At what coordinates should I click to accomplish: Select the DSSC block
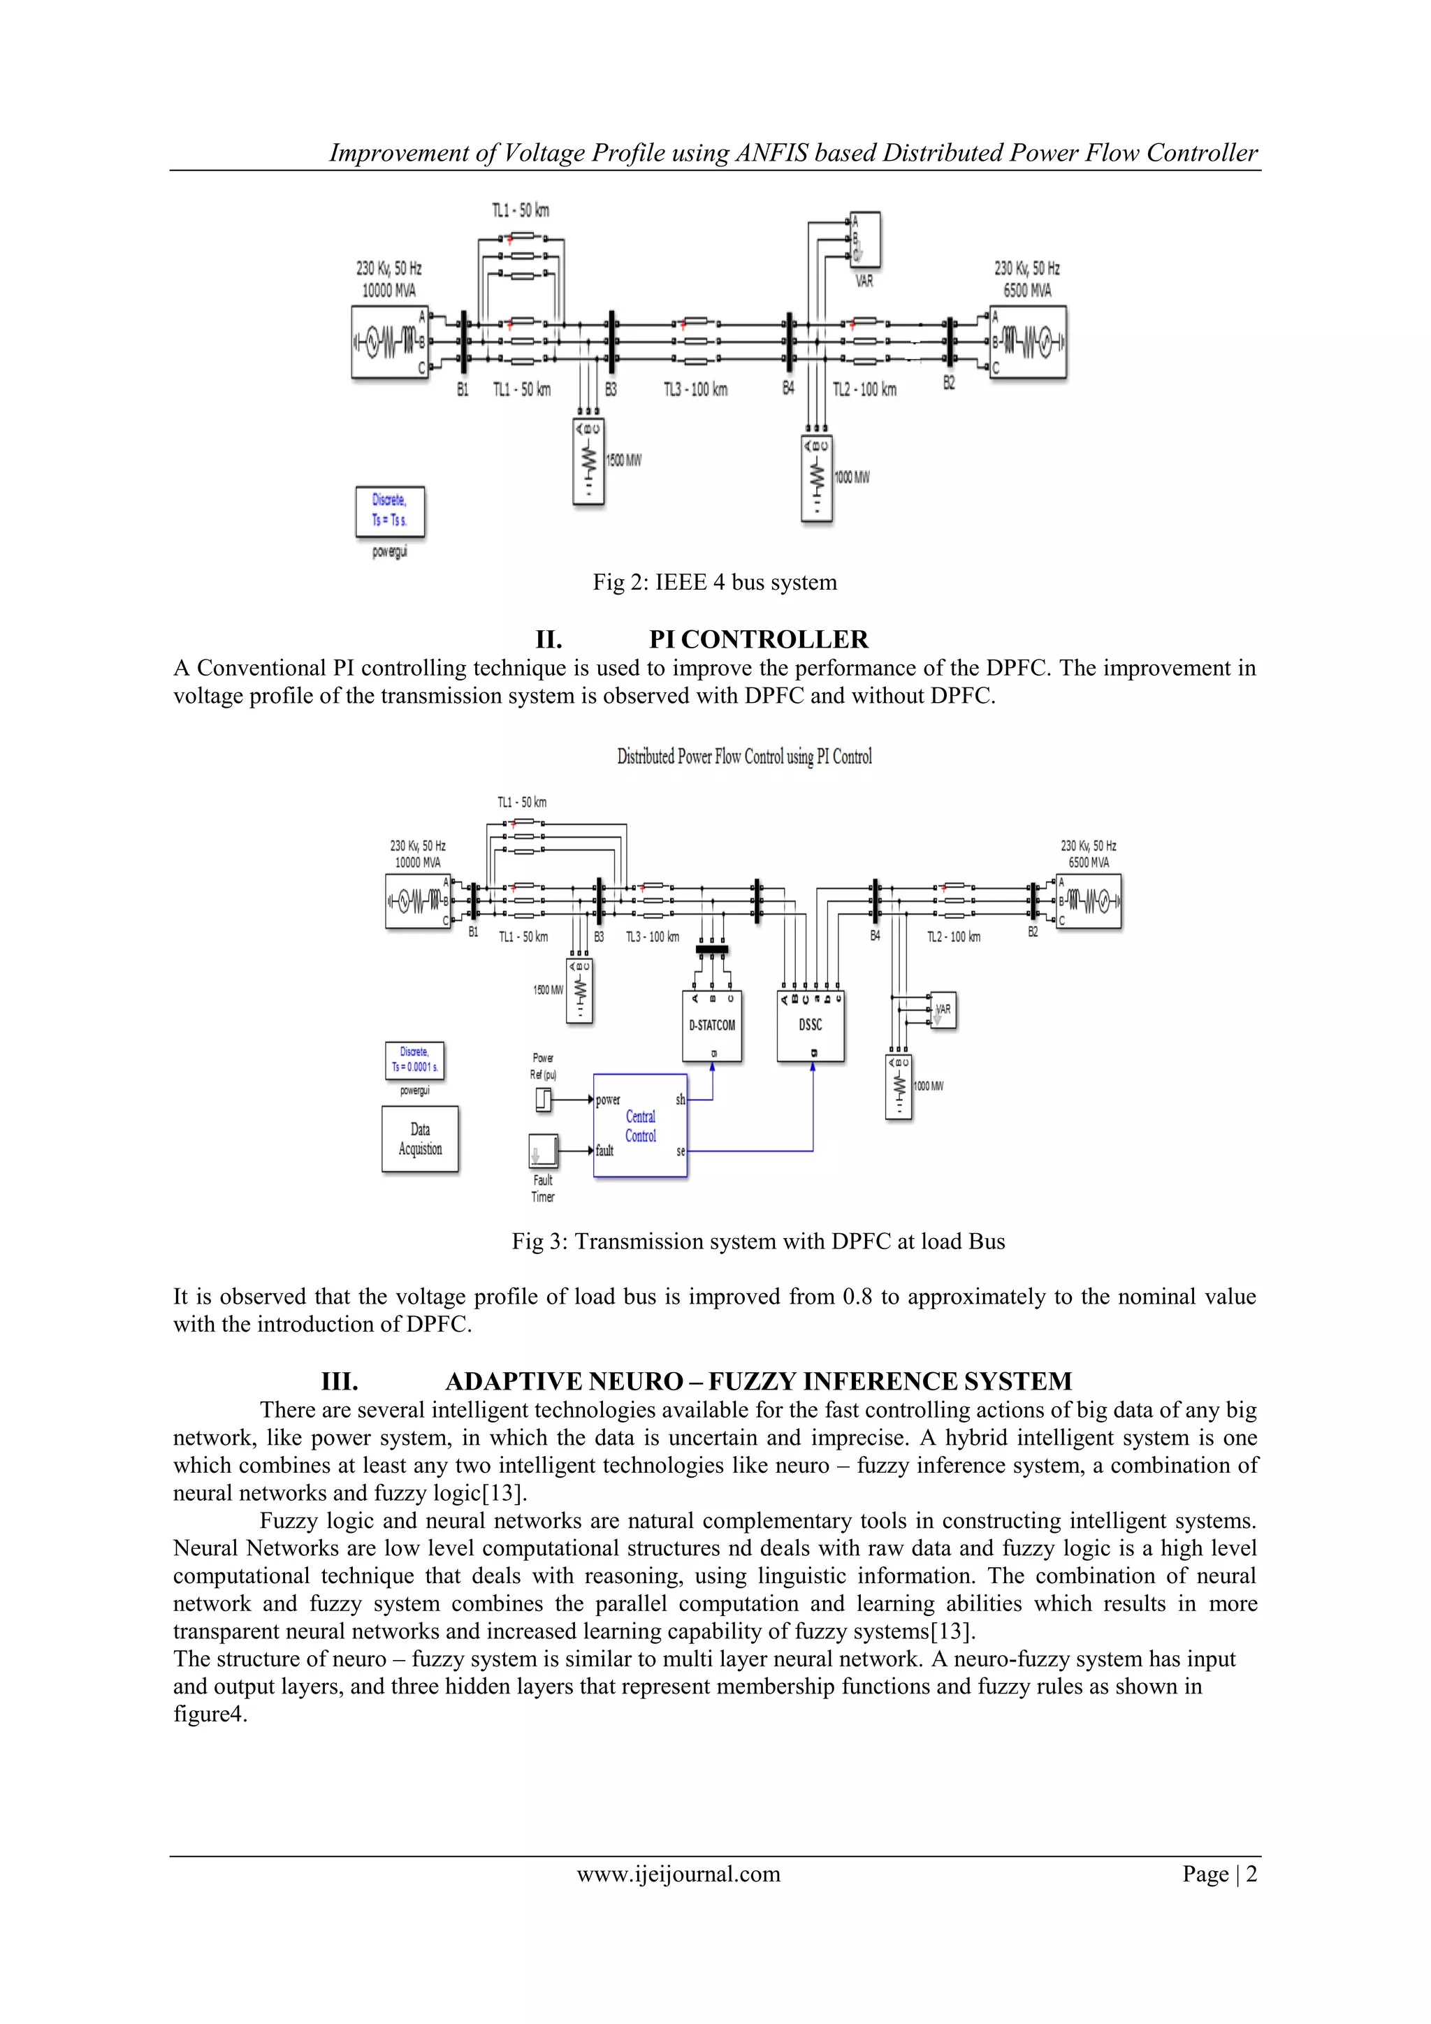(x=811, y=1026)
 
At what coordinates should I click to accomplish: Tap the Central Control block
(x=640, y=1126)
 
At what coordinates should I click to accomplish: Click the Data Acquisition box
(x=420, y=1139)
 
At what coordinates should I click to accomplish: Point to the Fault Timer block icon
(x=543, y=1151)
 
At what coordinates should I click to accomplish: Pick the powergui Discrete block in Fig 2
(x=390, y=511)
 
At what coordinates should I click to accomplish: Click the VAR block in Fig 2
(x=864, y=239)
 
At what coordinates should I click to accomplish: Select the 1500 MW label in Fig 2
(x=624, y=460)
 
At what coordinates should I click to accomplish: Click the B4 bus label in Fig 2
(x=788, y=388)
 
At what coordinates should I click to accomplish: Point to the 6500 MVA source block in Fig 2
(x=1028, y=342)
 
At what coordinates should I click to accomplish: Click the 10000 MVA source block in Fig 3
(x=418, y=901)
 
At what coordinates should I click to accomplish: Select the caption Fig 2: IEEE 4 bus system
(x=714, y=582)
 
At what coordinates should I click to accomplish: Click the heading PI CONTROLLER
(x=758, y=639)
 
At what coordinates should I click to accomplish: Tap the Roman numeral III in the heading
(x=340, y=1381)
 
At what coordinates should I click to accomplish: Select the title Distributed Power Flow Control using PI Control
(x=744, y=757)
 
